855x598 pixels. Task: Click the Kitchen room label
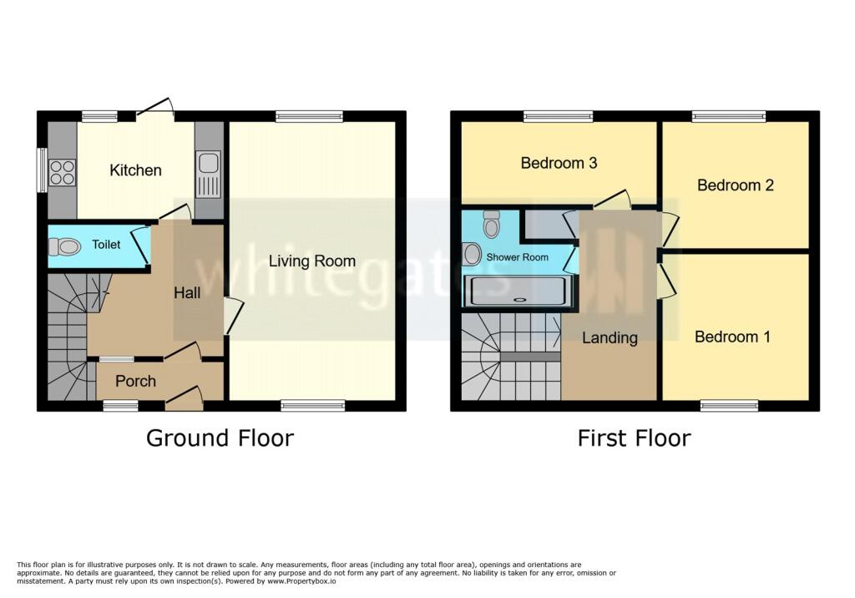click(135, 170)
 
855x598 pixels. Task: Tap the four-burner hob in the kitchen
click(62, 172)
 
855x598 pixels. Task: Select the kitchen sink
click(208, 174)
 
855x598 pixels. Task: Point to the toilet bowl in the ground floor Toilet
click(65, 246)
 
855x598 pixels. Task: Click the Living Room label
click(312, 261)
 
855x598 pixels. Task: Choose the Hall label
click(187, 293)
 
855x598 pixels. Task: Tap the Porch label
click(135, 381)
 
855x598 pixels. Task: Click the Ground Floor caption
click(220, 438)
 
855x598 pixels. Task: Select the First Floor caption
click(635, 438)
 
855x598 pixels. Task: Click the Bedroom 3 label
click(559, 163)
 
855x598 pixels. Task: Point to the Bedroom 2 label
click(736, 185)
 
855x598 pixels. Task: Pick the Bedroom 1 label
click(732, 337)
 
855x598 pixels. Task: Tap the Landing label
click(610, 337)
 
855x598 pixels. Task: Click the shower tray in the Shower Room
click(518, 291)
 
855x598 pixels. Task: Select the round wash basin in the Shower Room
click(473, 254)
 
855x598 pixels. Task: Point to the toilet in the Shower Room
click(491, 224)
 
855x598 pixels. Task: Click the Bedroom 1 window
click(729, 405)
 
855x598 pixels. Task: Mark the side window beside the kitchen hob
click(42, 170)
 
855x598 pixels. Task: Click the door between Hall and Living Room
click(233, 316)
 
